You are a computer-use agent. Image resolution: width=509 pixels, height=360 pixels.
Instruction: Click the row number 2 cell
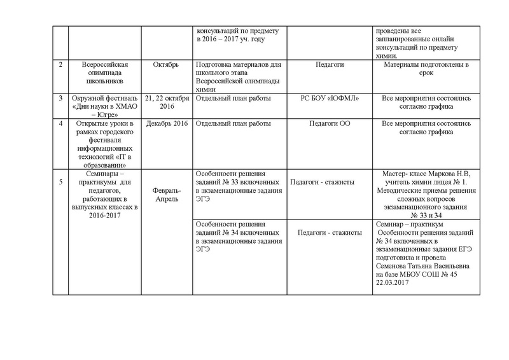pos(60,66)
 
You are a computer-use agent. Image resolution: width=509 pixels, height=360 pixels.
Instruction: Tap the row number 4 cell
pos(60,123)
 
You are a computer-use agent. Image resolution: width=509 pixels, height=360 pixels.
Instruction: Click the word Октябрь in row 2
pos(166,66)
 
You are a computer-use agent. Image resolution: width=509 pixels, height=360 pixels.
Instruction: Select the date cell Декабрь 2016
pos(167,123)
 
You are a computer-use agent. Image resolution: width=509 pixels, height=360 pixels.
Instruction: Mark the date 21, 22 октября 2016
pos(167,103)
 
